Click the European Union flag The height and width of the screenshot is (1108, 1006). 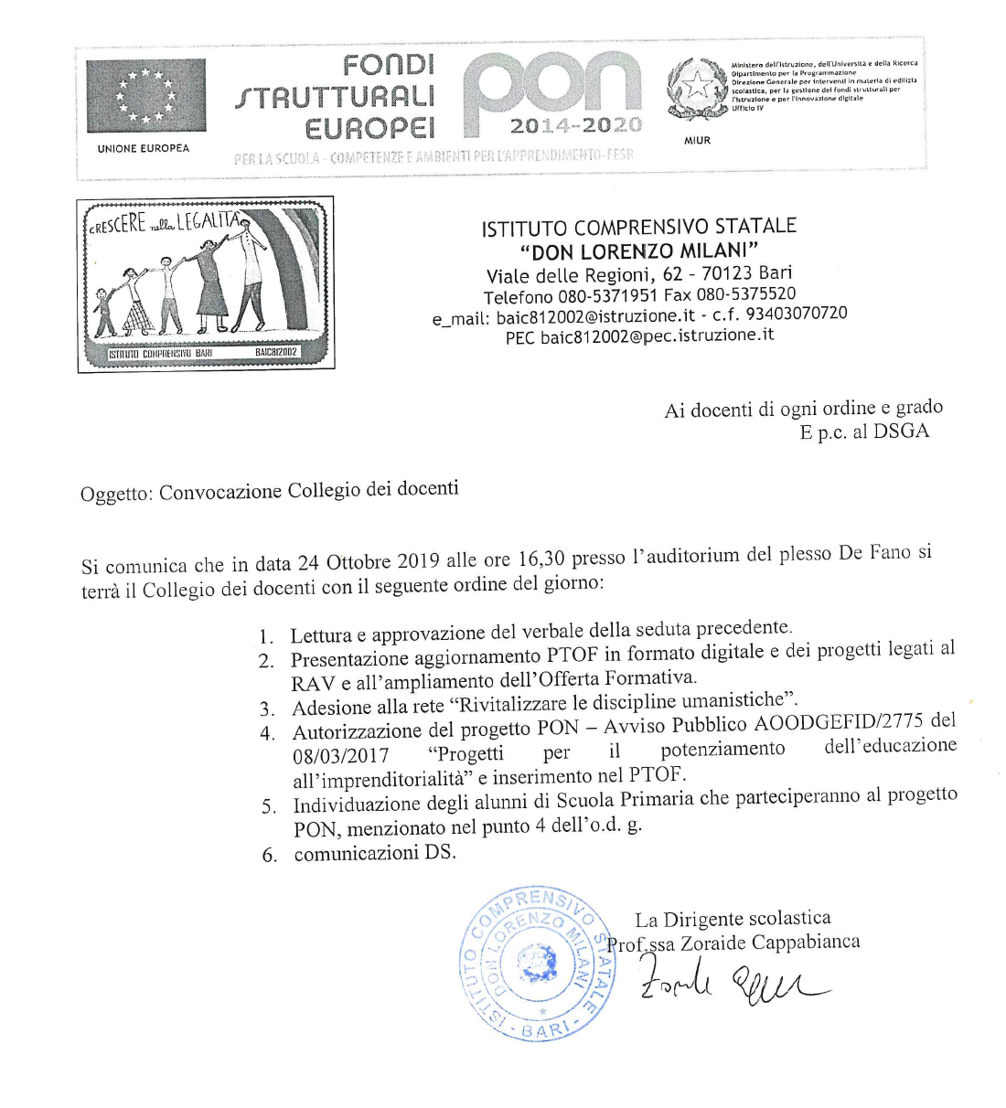tap(146, 95)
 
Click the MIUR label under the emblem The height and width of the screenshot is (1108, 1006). tap(697, 141)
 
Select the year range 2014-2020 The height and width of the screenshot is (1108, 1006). tap(575, 125)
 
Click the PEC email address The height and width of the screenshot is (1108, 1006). tap(657, 336)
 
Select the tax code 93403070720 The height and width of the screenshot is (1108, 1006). tap(797, 314)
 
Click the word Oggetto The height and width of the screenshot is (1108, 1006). tap(115, 494)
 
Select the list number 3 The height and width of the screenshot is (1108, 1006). tap(267, 708)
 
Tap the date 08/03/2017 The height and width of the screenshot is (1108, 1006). tap(340, 755)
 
